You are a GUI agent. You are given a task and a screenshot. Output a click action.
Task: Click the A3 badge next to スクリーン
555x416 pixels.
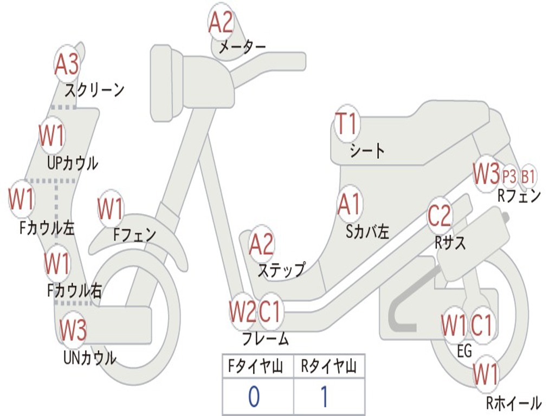point(67,65)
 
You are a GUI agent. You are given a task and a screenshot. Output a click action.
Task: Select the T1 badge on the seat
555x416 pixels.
point(347,125)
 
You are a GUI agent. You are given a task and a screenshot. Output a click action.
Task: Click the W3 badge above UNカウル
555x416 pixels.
point(73,330)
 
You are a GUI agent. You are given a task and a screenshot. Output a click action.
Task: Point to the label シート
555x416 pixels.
point(367,151)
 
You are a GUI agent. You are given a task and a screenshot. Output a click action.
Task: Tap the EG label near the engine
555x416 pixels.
point(464,351)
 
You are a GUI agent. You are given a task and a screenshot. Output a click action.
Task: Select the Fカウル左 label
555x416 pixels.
point(47,228)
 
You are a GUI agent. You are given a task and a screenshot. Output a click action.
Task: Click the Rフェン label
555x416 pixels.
point(519,196)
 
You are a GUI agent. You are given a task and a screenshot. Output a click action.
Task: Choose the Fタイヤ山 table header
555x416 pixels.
point(257,367)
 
